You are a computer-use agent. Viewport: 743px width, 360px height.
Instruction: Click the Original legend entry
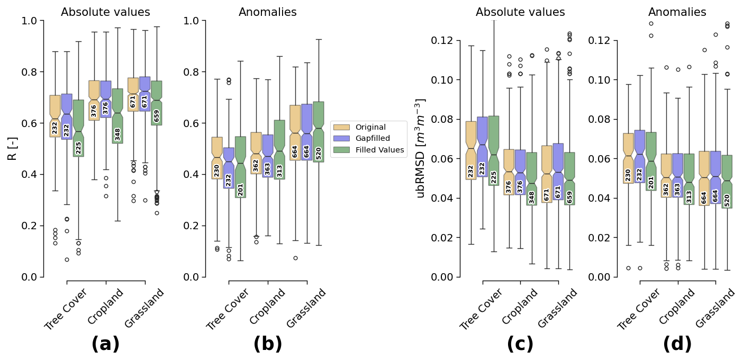370,127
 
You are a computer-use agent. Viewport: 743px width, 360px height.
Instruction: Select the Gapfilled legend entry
373,139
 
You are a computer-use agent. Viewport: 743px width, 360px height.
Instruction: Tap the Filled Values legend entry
379,150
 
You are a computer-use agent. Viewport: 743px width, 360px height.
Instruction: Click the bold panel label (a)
105,344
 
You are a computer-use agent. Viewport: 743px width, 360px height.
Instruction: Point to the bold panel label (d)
677,344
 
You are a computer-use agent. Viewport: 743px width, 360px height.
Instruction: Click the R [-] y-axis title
12,148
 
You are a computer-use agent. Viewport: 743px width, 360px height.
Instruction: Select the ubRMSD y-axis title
421,148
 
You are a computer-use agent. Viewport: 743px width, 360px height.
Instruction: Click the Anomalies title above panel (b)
268,12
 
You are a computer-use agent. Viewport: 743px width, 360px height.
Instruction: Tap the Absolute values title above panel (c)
520,12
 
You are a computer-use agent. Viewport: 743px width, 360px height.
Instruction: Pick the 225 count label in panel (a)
78,148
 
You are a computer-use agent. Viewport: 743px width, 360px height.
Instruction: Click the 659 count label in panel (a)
157,115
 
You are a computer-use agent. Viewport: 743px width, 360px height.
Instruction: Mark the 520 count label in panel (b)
319,153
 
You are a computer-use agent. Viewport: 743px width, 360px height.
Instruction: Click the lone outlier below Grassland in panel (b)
295,258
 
